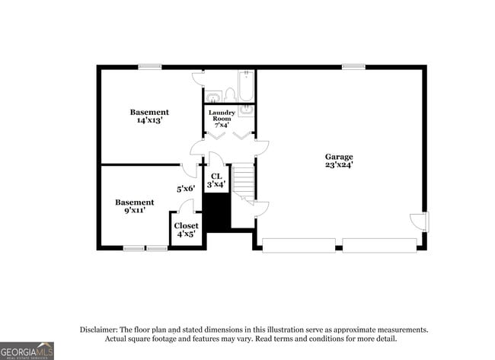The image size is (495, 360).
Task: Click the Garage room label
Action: (339, 157)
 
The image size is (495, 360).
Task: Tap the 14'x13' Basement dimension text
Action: (149, 120)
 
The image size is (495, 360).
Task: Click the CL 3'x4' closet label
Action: (216, 180)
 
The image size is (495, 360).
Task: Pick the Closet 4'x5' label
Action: (187, 230)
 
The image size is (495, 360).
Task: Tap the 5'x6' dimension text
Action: (186, 188)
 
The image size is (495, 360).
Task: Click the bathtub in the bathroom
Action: (246, 87)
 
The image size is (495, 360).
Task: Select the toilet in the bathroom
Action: (229, 94)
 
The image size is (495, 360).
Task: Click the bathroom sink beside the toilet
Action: (213, 96)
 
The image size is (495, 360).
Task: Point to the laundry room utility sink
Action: (245, 111)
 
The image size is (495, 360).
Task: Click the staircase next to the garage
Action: (243, 183)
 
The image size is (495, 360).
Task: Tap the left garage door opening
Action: (299, 245)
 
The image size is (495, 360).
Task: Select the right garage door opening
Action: (378, 245)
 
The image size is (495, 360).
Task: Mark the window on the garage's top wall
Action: (353, 67)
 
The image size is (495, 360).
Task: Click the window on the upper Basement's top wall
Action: (149, 67)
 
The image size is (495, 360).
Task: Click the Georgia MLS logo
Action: (27, 350)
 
